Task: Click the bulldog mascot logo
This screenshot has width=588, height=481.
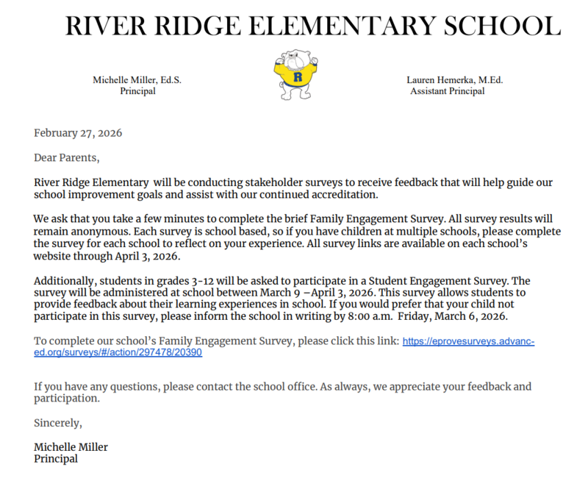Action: coord(295,74)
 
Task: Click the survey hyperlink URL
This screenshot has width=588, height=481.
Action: coord(468,341)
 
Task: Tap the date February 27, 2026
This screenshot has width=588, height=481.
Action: coord(78,133)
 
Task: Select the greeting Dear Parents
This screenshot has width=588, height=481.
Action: coord(66,157)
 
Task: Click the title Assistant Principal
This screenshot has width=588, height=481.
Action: coord(448,91)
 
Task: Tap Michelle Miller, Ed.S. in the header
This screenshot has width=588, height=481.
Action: coord(137,79)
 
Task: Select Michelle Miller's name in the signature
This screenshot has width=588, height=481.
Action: coord(71,446)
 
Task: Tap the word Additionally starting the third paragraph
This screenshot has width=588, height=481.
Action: coord(66,281)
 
